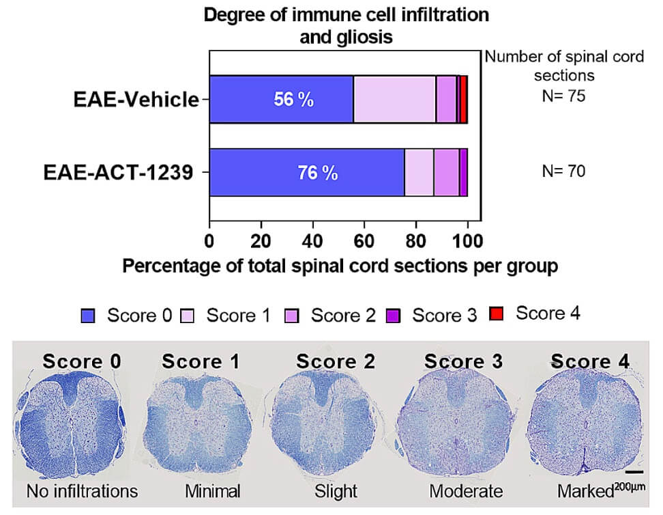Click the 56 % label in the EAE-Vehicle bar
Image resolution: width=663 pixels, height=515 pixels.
point(294,100)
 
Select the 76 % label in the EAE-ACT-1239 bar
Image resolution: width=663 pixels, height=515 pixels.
point(318,173)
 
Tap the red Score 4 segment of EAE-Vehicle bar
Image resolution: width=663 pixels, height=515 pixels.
point(463,100)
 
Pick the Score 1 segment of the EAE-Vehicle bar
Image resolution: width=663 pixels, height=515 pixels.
point(394,100)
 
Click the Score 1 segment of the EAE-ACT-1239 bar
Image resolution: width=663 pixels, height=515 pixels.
point(419,173)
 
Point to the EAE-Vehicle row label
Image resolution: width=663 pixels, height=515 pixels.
point(136,100)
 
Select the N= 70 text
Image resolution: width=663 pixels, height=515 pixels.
point(563,171)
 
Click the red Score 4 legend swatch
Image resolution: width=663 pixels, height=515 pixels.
point(497,315)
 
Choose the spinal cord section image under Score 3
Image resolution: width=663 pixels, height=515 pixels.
point(463,426)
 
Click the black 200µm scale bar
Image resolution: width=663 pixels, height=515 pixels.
point(634,471)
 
